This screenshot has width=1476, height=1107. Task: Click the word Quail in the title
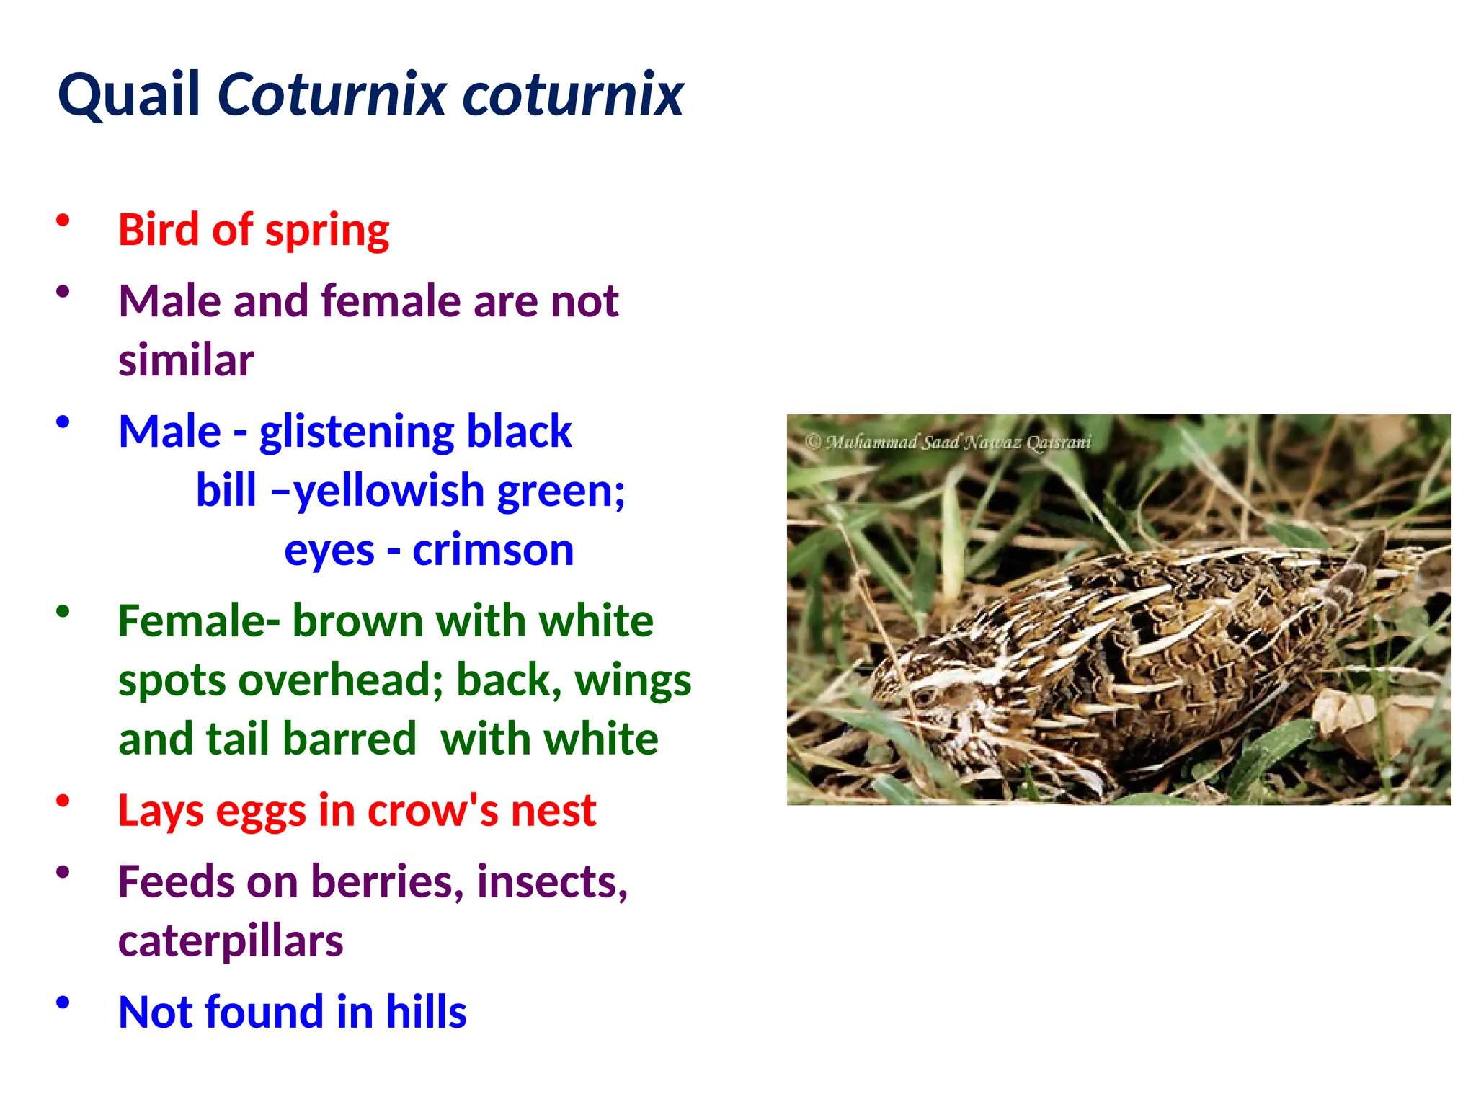click(128, 94)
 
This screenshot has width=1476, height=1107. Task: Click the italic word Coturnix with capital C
click(332, 94)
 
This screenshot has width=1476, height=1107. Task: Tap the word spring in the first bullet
click(327, 231)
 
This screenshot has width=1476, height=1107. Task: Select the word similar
click(186, 360)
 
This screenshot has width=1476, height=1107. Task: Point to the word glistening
click(356, 432)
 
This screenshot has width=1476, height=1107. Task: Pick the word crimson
click(493, 551)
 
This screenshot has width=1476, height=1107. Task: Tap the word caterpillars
click(231, 941)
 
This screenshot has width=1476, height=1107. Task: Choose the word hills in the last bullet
click(426, 1012)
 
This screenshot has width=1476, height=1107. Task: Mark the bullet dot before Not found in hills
click(63, 1002)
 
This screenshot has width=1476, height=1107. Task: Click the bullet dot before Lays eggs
click(63, 801)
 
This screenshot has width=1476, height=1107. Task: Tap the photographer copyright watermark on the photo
click(948, 442)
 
